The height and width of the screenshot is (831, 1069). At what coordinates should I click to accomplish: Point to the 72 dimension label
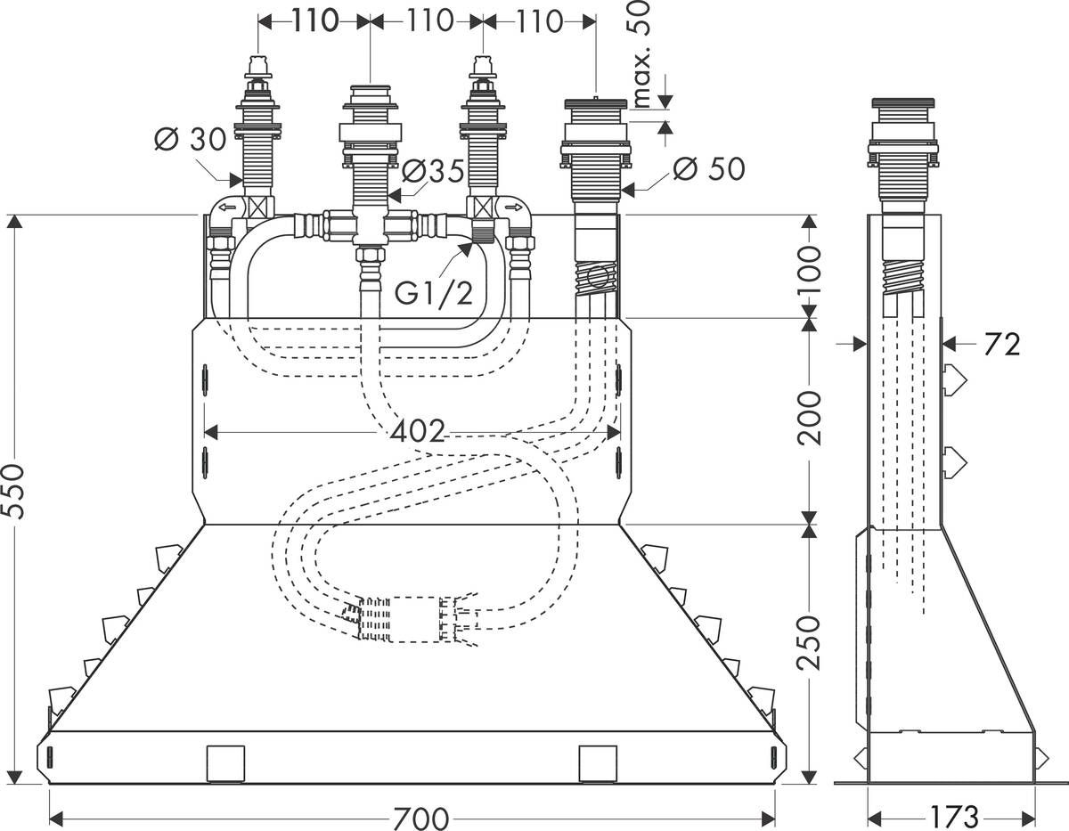(1002, 343)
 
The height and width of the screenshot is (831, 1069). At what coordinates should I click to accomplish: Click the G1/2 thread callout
(434, 292)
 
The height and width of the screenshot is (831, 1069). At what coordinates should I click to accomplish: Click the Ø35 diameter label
(433, 171)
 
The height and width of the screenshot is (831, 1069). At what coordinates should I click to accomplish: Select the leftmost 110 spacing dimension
(314, 20)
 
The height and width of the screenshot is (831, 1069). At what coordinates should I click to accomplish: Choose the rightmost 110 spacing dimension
(538, 20)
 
